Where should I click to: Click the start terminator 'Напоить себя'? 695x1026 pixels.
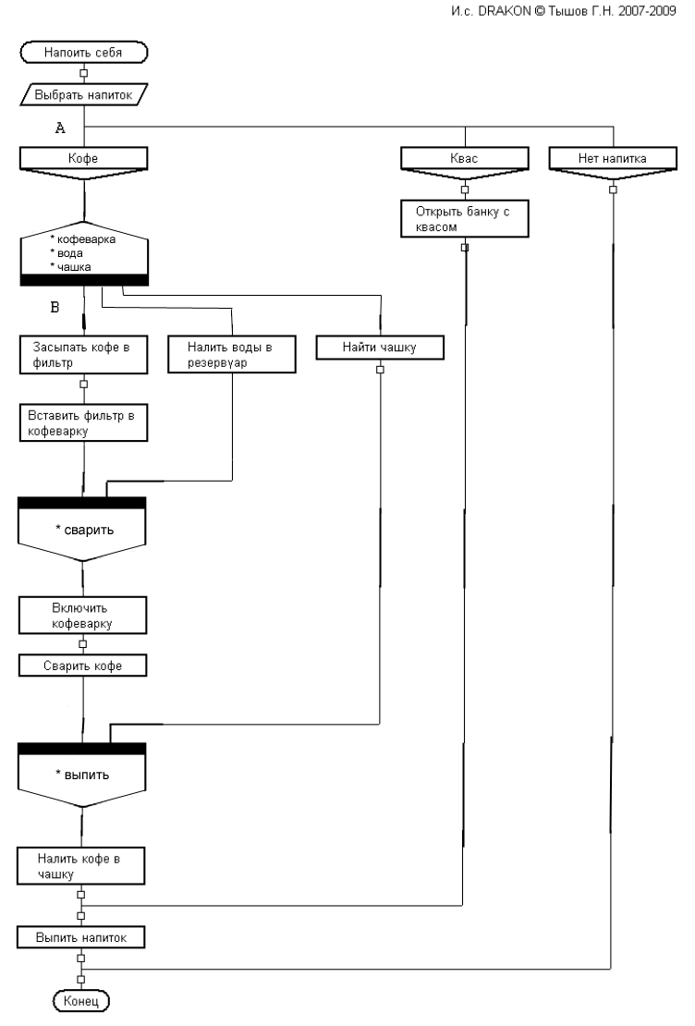(x=83, y=53)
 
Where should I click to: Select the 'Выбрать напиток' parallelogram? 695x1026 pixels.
(x=83, y=93)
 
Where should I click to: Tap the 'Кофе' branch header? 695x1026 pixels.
(x=83, y=159)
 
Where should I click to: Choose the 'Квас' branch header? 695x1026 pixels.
(x=464, y=159)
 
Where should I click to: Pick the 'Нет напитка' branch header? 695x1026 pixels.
(x=612, y=159)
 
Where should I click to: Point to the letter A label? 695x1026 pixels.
(x=60, y=129)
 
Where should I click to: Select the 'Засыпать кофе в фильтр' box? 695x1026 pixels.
(x=83, y=353)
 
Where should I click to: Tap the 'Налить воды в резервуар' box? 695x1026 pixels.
(x=231, y=353)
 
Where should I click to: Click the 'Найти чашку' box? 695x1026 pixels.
(x=379, y=347)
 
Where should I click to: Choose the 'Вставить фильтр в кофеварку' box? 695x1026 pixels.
(x=83, y=422)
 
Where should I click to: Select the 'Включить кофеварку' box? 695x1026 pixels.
(x=83, y=615)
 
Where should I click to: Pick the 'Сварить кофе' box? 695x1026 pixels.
(x=83, y=666)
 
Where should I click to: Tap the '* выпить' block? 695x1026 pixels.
(x=83, y=774)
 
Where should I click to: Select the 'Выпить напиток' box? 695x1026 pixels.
(x=83, y=937)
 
